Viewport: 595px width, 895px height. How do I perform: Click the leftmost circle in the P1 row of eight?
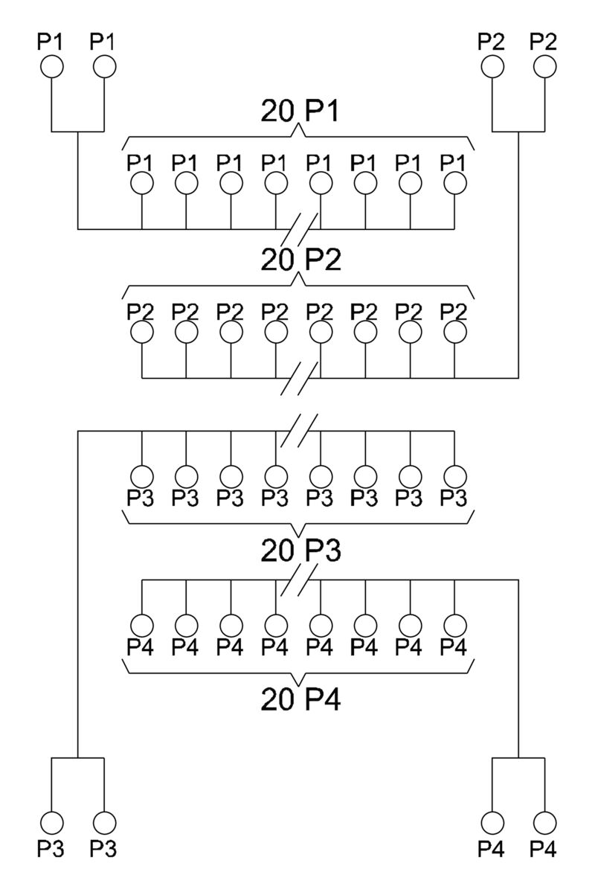[x=141, y=182]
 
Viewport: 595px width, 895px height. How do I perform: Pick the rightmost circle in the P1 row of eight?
[x=454, y=182]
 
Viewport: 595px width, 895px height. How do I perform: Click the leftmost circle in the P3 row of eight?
[x=141, y=475]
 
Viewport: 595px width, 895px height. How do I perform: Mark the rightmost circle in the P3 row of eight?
[x=454, y=475]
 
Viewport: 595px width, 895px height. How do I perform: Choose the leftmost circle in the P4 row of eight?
[x=141, y=623]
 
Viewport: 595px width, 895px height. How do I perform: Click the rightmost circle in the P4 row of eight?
[x=454, y=623]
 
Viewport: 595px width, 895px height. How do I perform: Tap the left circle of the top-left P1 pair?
[x=51, y=67]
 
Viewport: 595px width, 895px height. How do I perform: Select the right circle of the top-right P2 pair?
[x=544, y=67]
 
